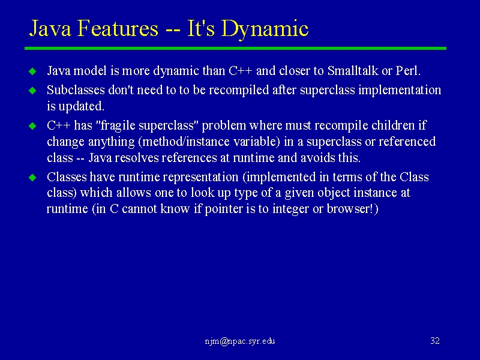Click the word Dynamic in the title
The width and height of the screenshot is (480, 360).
pos(264,29)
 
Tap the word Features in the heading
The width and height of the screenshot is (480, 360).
pos(118,28)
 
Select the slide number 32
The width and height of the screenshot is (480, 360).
pos(435,341)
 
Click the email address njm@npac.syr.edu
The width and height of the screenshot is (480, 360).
pos(239,341)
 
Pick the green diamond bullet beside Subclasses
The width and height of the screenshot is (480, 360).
pos(32,91)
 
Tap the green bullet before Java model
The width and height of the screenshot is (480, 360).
pos(32,71)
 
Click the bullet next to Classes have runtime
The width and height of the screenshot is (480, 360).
pos(32,178)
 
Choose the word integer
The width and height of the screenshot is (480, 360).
pos(291,209)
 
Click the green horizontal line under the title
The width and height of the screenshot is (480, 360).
pos(235,49)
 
